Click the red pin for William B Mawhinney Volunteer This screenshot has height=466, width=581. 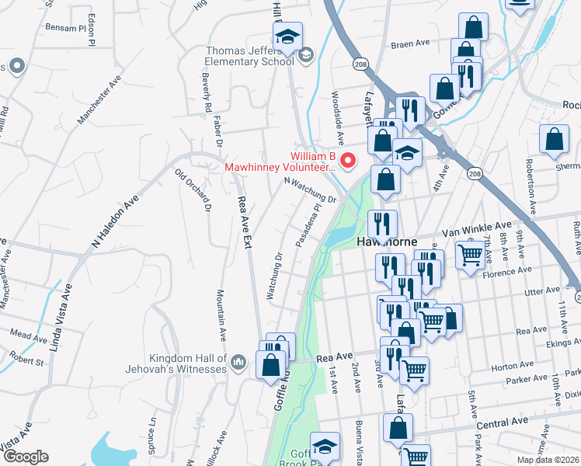348,161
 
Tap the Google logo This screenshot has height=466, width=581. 26,457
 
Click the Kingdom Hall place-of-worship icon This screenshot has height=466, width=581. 238,361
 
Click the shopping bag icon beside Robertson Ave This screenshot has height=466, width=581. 554,141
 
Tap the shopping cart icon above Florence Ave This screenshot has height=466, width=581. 470,254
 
